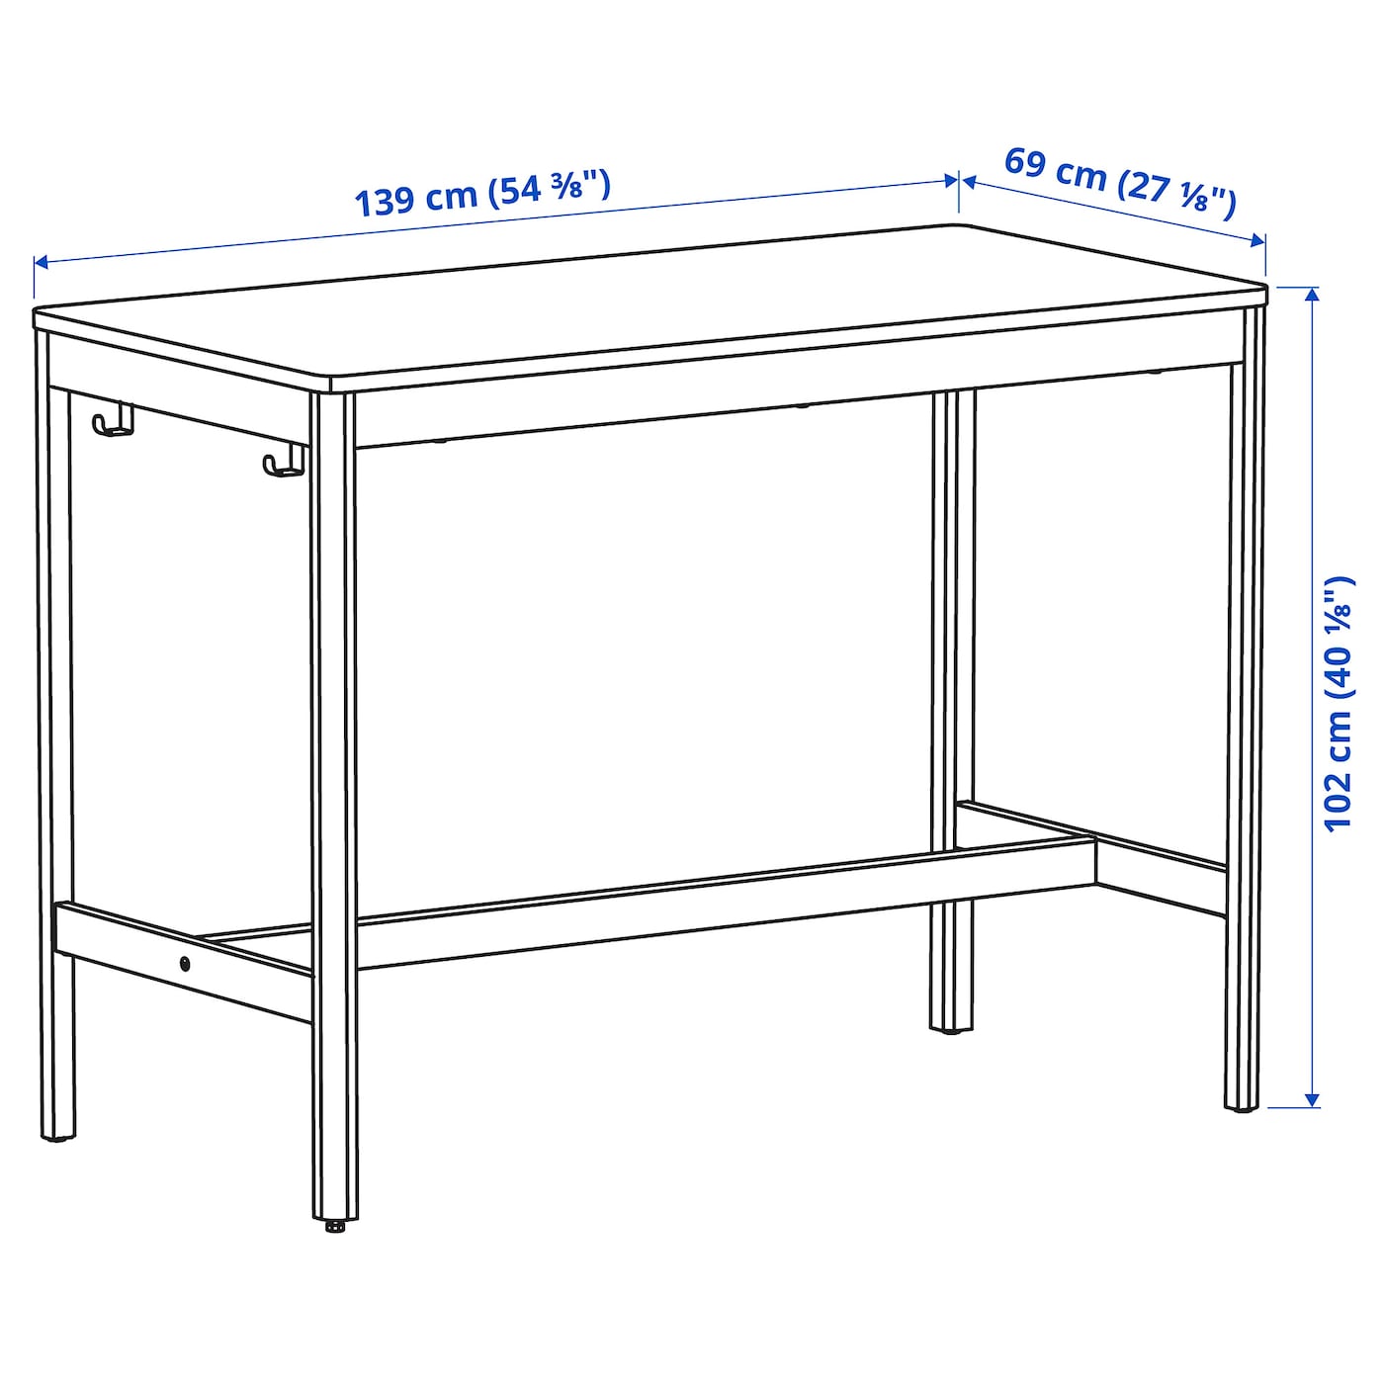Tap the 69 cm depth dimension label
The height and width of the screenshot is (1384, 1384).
(x=1119, y=181)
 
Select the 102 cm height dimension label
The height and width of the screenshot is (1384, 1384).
(x=1338, y=703)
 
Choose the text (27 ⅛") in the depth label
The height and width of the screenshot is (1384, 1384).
(x=1176, y=191)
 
